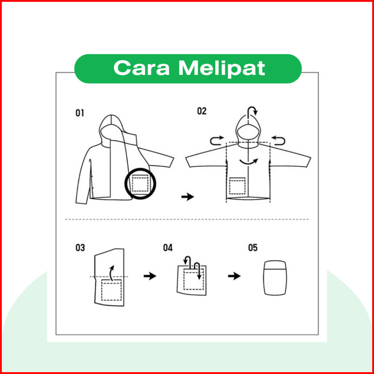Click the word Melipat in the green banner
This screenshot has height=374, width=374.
(x=222, y=68)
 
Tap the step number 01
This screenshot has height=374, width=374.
(x=80, y=113)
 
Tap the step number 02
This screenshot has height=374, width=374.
(x=201, y=111)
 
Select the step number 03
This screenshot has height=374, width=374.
(x=80, y=248)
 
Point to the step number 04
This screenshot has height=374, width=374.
(x=168, y=248)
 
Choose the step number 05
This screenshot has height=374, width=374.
(x=253, y=248)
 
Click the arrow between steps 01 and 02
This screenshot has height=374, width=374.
(x=188, y=197)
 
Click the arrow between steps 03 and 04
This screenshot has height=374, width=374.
(x=150, y=276)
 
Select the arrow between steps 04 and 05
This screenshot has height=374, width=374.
(x=234, y=276)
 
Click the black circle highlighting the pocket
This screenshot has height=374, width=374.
(x=125, y=184)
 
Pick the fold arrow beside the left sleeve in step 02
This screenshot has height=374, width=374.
(x=211, y=141)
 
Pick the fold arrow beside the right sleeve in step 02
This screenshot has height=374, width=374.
(x=284, y=141)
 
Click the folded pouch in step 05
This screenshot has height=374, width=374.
(x=275, y=278)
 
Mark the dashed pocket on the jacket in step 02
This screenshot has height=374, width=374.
(x=237, y=186)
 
